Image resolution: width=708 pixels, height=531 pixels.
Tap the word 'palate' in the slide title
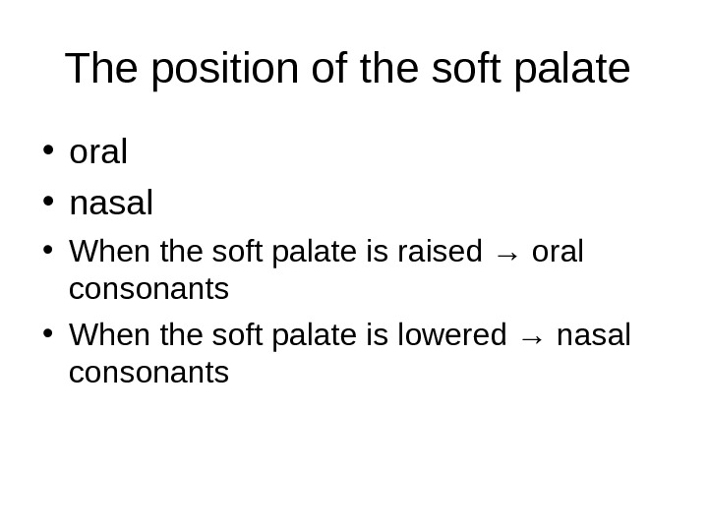[x=572, y=70]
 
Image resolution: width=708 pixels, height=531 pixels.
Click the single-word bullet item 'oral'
[x=99, y=152]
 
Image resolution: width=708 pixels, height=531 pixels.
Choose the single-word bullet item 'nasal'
[x=111, y=204]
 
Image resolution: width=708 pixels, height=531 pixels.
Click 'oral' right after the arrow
[x=558, y=252]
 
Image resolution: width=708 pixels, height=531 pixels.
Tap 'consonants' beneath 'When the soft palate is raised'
[x=149, y=289]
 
